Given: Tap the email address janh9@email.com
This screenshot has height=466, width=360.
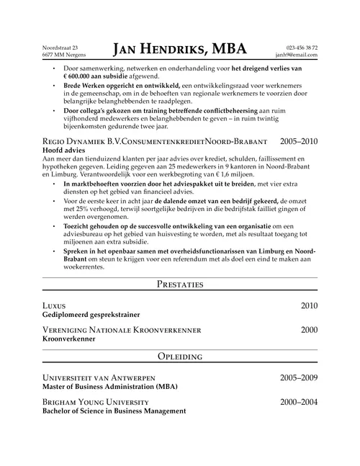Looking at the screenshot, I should click(296, 55).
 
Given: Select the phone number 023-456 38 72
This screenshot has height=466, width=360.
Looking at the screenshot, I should click(302, 47).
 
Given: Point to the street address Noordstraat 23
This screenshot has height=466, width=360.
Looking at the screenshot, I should click(60, 47).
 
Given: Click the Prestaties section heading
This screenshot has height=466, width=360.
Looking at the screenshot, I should click(179, 284).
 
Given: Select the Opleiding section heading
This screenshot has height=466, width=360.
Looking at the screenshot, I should click(179, 357).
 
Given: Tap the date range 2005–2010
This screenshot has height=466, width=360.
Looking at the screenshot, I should click(298, 142).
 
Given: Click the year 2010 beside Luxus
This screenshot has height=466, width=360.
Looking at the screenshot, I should click(308, 305).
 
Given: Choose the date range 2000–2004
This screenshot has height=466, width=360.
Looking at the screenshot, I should click(298, 401).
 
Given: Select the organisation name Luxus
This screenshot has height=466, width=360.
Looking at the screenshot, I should click(55, 305).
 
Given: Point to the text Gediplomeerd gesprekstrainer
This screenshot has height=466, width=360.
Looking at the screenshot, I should click(91, 315).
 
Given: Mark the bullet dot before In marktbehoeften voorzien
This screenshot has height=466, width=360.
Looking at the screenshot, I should click(55, 184).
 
